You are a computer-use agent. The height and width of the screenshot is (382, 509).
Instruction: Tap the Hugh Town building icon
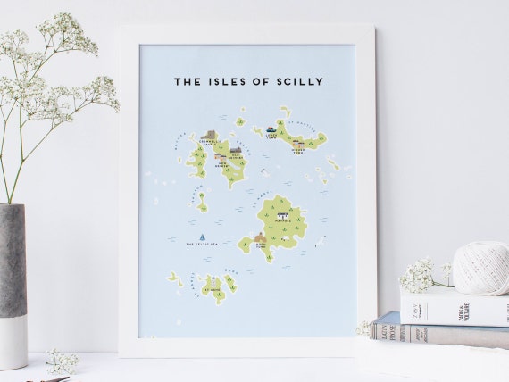coord(261,237)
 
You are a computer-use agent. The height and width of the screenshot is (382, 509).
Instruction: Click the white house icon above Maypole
coord(282,215)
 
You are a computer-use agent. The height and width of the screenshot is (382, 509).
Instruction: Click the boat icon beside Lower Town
coord(271,130)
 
